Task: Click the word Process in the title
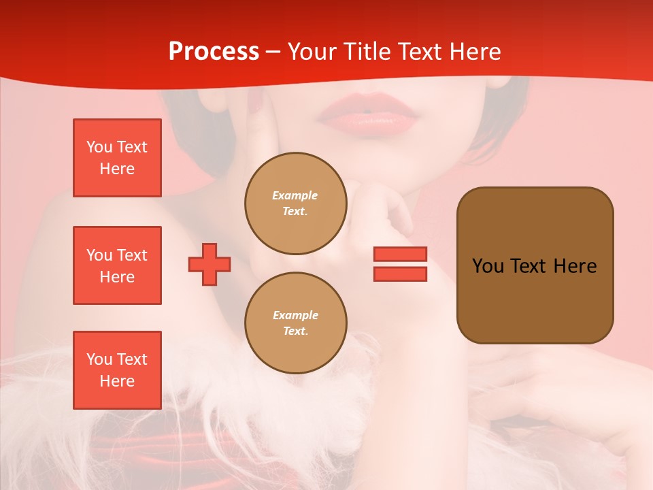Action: (x=214, y=52)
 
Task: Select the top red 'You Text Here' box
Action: (x=117, y=158)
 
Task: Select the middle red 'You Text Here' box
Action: (x=117, y=265)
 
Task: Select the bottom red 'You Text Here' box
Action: (x=117, y=370)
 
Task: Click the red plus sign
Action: (x=210, y=265)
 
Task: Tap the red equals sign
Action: (x=400, y=264)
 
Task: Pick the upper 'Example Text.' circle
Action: (x=296, y=203)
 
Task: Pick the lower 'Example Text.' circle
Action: (x=296, y=323)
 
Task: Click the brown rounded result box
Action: (x=535, y=265)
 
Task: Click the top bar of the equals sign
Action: (x=400, y=255)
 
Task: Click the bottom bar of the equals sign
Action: (x=400, y=274)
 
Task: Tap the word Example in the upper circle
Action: (x=295, y=195)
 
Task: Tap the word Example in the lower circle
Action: (x=295, y=315)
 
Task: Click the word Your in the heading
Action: (x=312, y=52)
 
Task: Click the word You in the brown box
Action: (x=488, y=266)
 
